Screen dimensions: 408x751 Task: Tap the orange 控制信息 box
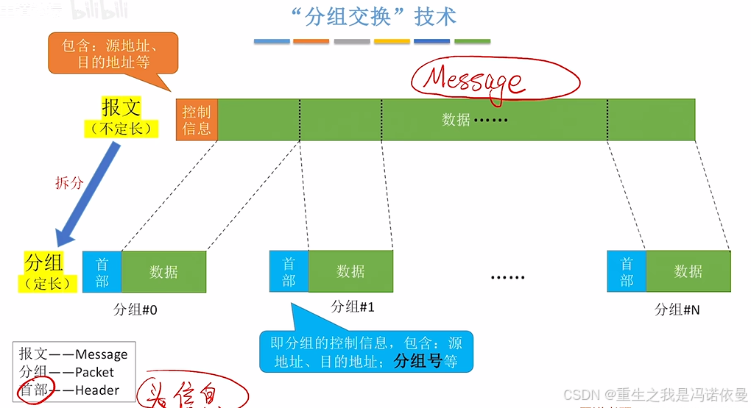click(197, 120)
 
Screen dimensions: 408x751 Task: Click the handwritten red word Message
click(474, 80)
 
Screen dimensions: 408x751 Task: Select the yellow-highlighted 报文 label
click(121, 108)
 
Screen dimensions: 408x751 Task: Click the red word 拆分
click(70, 182)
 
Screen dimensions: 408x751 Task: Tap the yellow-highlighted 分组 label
click(44, 262)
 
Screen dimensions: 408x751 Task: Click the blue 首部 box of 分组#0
click(102, 272)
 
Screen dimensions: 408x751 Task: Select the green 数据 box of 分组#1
click(350, 271)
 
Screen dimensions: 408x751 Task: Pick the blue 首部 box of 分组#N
click(627, 271)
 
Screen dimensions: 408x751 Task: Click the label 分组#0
click(135, 309)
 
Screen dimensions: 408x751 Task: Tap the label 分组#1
click(353, 307)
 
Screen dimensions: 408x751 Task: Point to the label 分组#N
click(677, 309)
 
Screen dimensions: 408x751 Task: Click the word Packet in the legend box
click(94, 372)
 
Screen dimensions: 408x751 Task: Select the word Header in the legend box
click(97, 390)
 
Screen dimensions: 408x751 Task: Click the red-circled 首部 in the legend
click(33, 390)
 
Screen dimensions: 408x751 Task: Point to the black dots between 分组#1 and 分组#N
click(507, 278)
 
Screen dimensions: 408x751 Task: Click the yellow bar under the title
click(392, 41)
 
